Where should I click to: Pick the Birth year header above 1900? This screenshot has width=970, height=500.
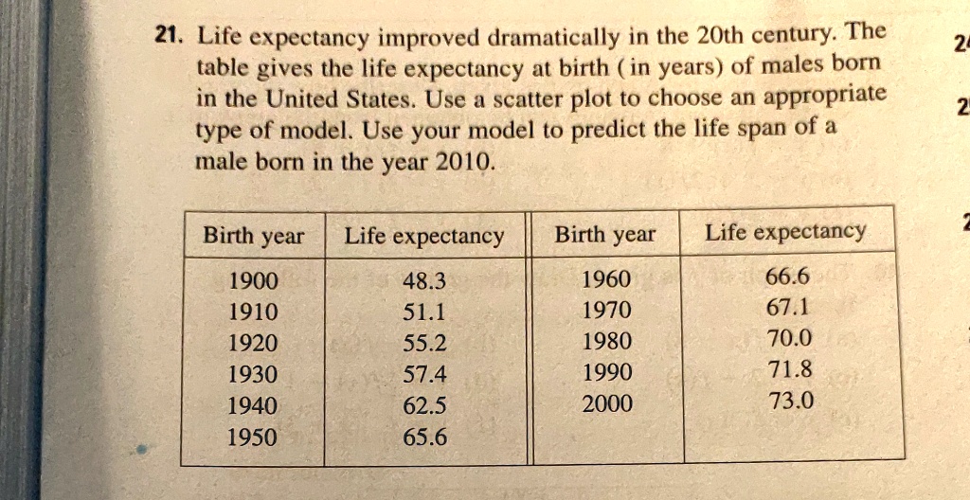point(253,235)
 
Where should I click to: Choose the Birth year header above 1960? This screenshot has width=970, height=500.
point(604,233)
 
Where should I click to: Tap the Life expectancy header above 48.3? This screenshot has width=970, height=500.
point(423,235)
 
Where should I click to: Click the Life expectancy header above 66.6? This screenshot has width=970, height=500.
point(785,231)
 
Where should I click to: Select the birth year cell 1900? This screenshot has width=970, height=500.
point(253,281)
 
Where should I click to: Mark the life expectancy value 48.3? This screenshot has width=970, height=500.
point(423,281)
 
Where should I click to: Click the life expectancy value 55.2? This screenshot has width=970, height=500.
point(424,344)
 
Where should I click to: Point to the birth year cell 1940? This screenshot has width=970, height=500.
point(253,406)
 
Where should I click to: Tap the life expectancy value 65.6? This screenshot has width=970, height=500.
point(424,437)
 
